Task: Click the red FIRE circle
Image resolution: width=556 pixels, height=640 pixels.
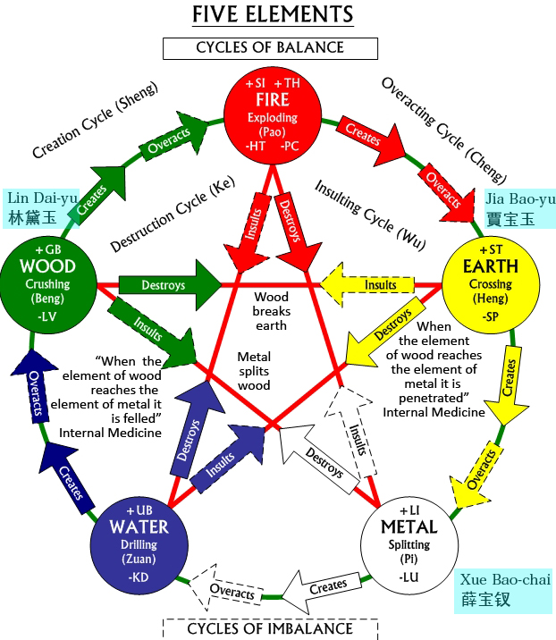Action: click(x=273, y=115)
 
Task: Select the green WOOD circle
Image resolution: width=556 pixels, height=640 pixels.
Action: click(x=48, y=285)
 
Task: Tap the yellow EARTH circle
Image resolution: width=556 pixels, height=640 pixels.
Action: click(x=491, y=285)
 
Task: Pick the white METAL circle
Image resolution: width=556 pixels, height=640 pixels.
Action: click(x=409, y=545)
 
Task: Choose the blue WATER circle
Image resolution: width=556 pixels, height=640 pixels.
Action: click(x=139, y=545)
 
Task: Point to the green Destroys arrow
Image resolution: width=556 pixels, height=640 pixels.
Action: click(x=170, y=285)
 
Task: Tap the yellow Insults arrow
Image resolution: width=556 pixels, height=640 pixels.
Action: click(x=367, y=284)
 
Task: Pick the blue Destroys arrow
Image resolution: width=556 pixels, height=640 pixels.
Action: click(x=195, y=429)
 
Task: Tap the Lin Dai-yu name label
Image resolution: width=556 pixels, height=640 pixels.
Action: click(x=41, y=208)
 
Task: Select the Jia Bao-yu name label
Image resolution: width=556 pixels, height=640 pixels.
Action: click(x=519, y=208)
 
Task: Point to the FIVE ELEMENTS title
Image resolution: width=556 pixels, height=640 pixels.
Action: click(x=273, y=14)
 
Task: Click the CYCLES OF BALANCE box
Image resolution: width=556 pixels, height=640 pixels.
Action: click(x=270, y=48)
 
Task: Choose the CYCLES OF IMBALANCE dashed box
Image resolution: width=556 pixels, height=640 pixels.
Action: click(x=270, y=629)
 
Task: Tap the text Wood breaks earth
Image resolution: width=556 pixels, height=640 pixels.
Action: click(x=271, y=311)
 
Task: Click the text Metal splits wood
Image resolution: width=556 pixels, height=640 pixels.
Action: click(x=254, y=371)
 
